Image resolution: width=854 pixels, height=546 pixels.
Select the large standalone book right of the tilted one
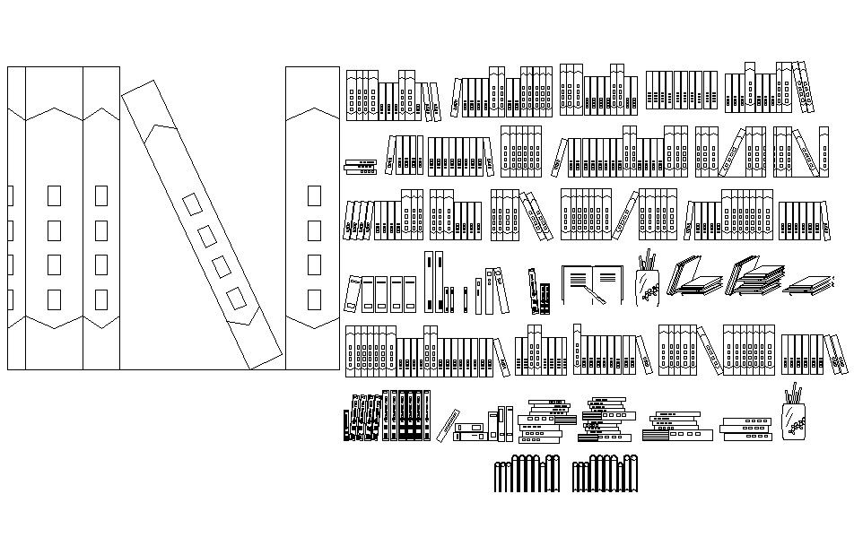pos(312,215)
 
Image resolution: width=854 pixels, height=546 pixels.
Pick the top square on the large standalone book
pos(314,195)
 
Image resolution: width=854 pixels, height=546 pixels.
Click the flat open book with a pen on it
pos(592,283)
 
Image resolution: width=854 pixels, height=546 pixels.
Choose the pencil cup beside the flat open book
pos(649,280)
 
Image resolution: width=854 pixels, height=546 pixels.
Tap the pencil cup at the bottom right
pos(794,415)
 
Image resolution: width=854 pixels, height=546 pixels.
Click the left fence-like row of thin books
pos(528,474)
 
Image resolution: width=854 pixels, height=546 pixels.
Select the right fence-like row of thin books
pos(606,474)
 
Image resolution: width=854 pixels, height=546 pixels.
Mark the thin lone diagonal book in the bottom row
pos(448,425)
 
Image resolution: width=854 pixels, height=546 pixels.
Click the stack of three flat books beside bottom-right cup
pos(746,428)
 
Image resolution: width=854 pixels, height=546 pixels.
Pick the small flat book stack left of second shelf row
pos(361,166)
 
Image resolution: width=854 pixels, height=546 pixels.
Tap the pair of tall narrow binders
pos(434,282)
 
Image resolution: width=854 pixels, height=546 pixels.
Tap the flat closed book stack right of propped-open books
pos(812,285)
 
